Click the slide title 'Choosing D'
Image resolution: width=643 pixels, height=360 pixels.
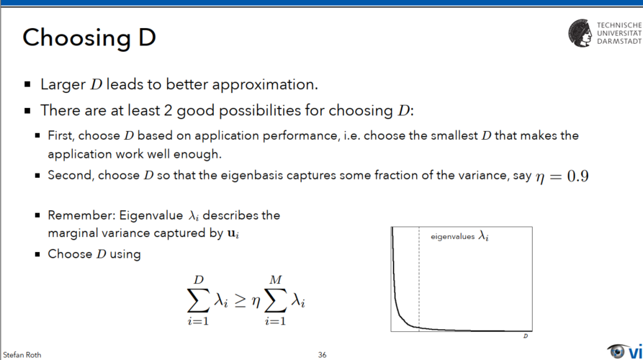click(89, 37)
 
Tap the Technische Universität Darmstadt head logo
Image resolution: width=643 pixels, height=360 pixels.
click(580, 33)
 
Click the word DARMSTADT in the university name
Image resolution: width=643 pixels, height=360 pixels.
click(619, 42)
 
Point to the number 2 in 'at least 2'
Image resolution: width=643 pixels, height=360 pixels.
click(168, 111)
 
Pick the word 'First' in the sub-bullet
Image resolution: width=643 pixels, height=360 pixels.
click(60, 135)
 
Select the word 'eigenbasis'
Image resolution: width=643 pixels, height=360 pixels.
click(252, 176)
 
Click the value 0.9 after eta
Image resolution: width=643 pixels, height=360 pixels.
click(577, 176)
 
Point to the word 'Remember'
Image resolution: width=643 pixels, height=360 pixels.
click(81, 215)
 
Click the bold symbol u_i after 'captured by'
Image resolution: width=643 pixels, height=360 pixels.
click(233, 234)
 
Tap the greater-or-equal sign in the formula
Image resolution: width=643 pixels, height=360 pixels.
click(240, 302)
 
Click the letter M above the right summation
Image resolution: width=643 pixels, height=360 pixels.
click(276, 279)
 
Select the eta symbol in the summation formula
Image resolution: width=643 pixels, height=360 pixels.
click(256, 302)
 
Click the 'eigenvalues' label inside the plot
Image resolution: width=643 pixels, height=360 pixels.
click(452, 237)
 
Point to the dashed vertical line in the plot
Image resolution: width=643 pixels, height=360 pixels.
click(419, 279)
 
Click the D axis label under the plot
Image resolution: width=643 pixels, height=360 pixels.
click(526, 336)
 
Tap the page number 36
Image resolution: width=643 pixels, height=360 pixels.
click(323, 355)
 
